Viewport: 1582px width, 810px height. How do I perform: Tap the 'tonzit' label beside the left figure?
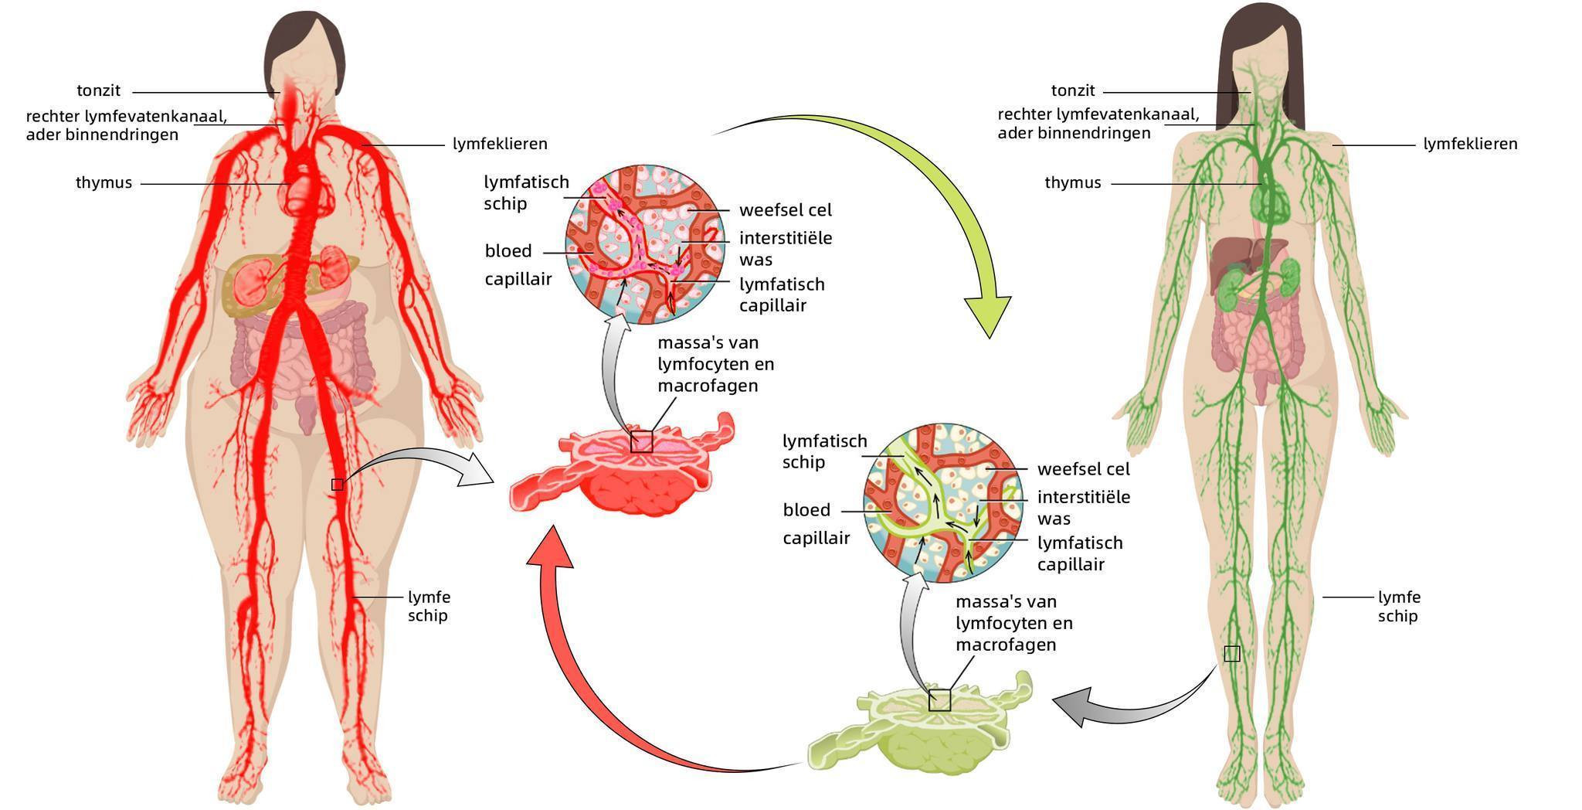click(x=98, y=91)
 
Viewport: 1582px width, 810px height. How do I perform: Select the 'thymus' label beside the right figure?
click(x=1072, y=183)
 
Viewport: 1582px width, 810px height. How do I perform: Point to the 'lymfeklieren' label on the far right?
click(x=1470, y=144)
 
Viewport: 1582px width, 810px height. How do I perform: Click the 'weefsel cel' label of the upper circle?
click(x=785, y=210)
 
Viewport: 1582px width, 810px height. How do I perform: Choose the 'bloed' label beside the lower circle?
click(x=806, y=510)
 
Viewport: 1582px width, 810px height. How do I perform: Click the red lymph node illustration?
click(x=626, y=471)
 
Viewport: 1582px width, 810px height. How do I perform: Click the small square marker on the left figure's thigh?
click(x=337, y=485)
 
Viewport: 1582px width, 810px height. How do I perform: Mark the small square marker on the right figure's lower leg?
click(x=1232, y=654)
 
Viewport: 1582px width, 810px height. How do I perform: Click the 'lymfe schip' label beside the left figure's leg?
click(x=429, y=606)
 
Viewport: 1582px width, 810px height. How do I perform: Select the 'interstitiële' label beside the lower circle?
click(x=1083, y=497)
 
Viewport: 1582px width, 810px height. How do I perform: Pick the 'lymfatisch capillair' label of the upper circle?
click(x=782, y=294)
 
